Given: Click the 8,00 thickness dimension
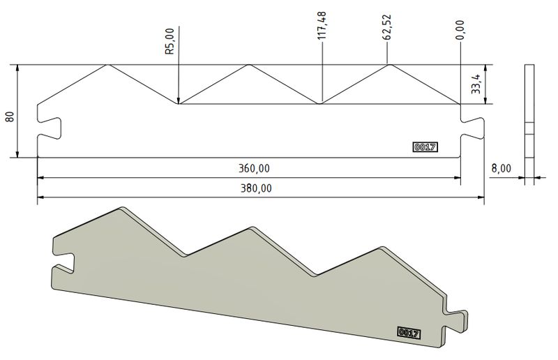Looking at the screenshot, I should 501,168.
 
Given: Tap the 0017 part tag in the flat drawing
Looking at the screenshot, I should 425,147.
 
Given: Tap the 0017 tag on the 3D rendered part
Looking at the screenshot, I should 407,333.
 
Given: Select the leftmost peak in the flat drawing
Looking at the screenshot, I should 107,66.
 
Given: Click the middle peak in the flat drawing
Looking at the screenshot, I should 248,66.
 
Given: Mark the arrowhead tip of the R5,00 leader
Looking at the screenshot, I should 179,103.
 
